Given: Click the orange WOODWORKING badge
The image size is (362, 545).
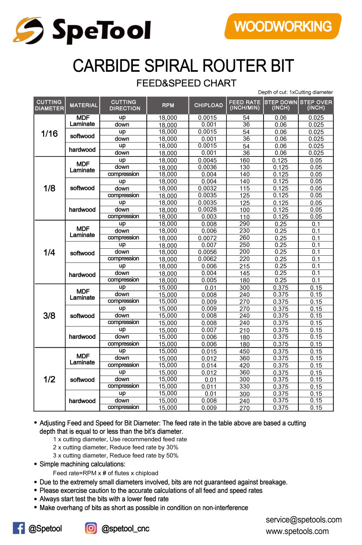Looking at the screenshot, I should click(283, 26).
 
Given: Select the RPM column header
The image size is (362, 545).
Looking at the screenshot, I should click(168, 105).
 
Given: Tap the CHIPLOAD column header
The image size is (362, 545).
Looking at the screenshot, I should click(208, 105).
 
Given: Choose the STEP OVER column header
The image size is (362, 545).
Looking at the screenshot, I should click(316, 105).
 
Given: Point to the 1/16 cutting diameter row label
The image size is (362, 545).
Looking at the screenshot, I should click(49, 134).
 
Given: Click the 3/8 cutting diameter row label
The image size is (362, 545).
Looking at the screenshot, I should click(49, 315).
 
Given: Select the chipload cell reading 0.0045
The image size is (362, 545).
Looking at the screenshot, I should click(207, 160).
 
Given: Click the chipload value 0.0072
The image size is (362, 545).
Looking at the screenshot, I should click(207, 238).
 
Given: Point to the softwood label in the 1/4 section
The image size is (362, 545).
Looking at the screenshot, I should click(82, 253).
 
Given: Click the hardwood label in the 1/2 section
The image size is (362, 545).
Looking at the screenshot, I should click(82, 401).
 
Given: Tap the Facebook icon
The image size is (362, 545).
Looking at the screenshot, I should click(19, 528).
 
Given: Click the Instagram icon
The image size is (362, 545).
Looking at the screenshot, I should click(91, 528).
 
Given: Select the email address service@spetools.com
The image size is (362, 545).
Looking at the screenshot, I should click(304, 520).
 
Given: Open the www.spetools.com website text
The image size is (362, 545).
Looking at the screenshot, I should click(297, 531).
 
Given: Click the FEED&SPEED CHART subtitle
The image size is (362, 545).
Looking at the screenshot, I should click(186, 83).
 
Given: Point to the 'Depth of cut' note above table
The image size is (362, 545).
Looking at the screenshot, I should click(295, 92).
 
